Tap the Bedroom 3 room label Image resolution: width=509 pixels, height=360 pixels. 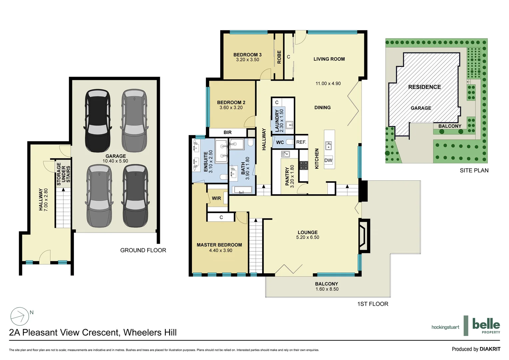(247, 55)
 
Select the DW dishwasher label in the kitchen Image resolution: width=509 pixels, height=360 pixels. (328, 160)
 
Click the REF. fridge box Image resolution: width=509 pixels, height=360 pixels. (301, 142)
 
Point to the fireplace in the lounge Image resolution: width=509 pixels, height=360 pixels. (363, 235)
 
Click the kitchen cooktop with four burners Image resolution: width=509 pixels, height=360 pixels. (303, 165)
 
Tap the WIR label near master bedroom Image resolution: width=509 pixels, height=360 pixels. (217, 198)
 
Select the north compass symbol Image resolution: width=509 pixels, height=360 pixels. (20, 316)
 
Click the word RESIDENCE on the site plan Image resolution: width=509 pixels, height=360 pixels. (424, 87)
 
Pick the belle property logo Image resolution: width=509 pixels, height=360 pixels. (486, 325)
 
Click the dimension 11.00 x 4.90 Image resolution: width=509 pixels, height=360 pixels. (328, 84)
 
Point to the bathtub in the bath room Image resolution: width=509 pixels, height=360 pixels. (242, 190)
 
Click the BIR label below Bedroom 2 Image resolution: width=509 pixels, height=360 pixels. (228, 133)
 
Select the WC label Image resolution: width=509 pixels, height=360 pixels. (280, 142)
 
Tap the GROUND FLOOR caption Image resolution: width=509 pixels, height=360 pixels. (143, 250)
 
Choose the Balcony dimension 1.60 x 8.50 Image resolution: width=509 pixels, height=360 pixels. (327, 289)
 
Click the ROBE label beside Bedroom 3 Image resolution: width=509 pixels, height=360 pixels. (279, 57)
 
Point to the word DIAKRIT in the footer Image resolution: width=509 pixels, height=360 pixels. (490, 349)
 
